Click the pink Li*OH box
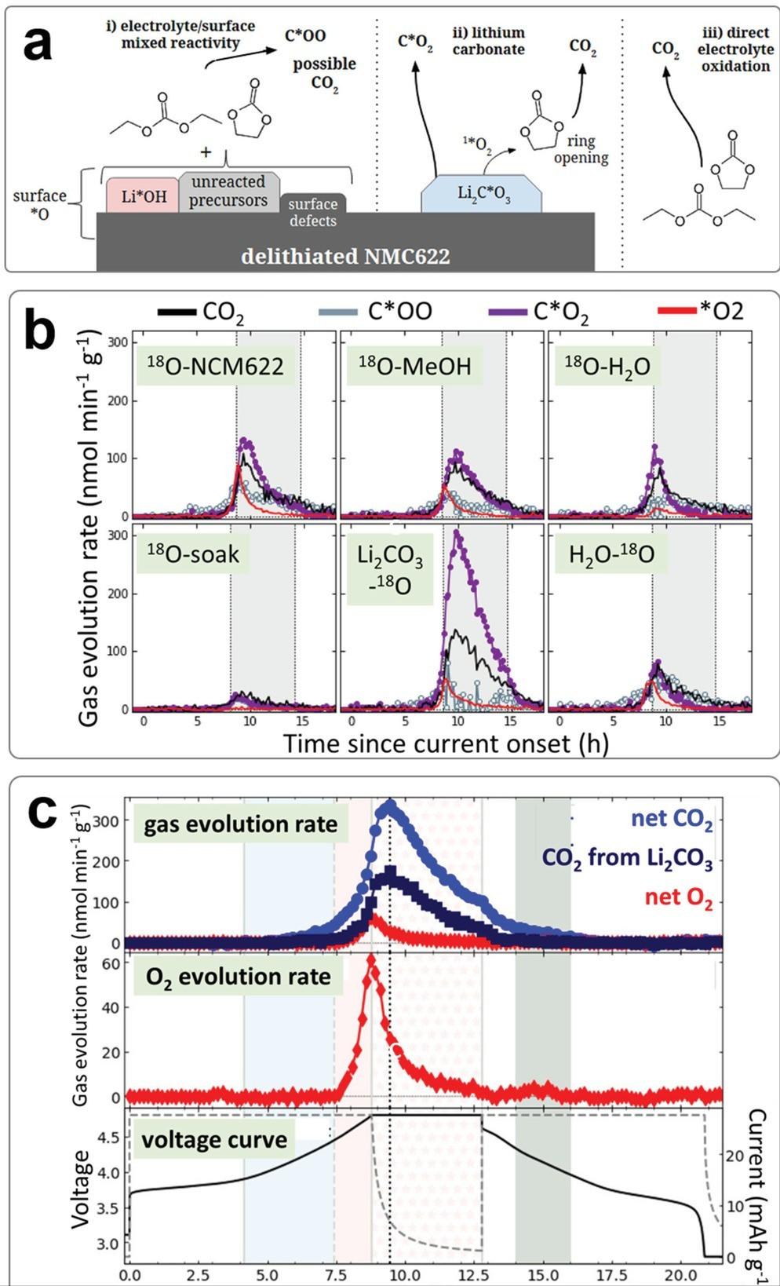point(143,195)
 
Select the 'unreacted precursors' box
point(228,191)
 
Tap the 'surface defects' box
point(312,212)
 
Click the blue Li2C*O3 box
point(483,194)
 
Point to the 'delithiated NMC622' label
point(345,256)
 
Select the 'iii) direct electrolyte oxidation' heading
point(735,49)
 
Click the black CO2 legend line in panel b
point(177,312)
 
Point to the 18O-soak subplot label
point(193,554)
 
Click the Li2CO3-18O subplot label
point(390,570)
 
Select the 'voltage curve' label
point(214,1139)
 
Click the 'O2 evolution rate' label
point(238,977)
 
